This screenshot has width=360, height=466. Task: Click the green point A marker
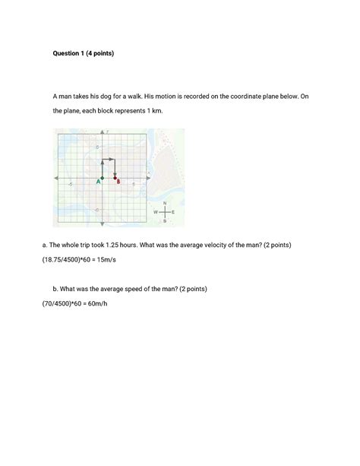pyautogui.click(x=103, y=176)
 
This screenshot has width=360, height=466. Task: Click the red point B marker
pyautogui.click(x=115, y=176)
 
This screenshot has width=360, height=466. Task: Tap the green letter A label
pyautogui.click(x=99, y=182)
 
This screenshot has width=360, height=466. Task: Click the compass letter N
pyautogui.click(x=165, y=203)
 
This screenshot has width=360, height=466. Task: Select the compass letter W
pyautogui.click(x=156, y=211)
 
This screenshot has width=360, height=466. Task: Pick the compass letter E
pyautogui.click(x=174, y=211)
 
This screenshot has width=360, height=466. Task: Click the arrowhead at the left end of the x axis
pyautogui.click(x=55, y=176)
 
